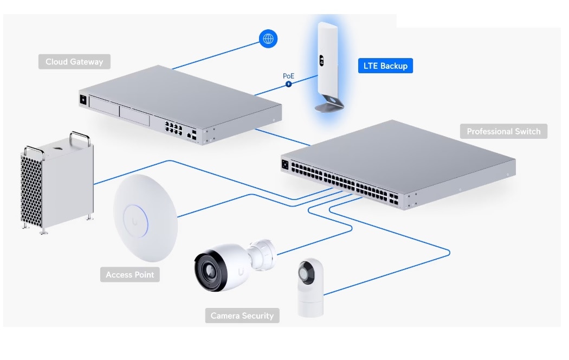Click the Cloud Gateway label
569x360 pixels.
point(74,62)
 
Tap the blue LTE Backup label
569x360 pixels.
point(385,66)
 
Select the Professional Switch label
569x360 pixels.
point(503,131)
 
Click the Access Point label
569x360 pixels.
point(130,274)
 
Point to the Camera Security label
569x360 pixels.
point(242,316)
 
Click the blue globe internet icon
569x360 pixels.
point(268,38)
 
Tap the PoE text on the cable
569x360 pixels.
point(289,76)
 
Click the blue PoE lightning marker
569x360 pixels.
point(289,85)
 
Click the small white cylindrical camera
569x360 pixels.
point(311,287)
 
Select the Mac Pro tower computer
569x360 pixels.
point(57,182)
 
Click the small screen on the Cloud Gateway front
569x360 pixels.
point(83,100)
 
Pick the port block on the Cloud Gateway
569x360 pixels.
point(174,128)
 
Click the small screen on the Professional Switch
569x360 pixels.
point(285,163)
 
